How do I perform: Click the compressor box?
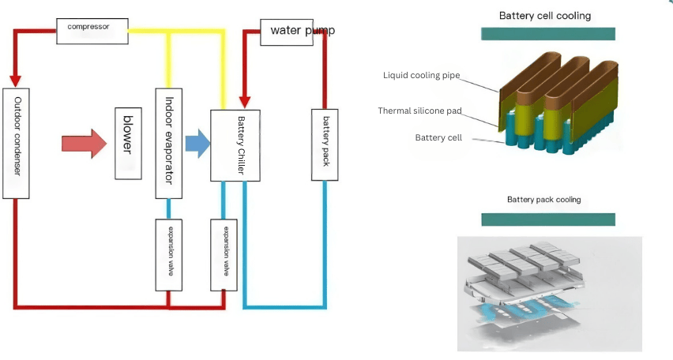point(92,31)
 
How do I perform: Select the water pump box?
point(287,32)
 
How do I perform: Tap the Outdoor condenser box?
point(16,144)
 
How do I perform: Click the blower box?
point(128,144)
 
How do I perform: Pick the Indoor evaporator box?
point(169,144)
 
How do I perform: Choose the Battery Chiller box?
point(235,145)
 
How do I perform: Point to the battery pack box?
point(325,144)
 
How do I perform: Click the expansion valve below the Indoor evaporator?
point(169,255)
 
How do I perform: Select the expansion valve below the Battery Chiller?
point(224,255)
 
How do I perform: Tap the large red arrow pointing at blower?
point(84,144)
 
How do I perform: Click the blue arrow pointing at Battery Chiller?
point(197,144)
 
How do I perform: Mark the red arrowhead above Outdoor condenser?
point(16,81)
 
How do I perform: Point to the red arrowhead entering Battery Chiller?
point(245,102)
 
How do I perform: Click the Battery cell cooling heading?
point(545,16)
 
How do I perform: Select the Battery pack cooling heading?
point(543,200)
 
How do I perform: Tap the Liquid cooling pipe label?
point(422,76)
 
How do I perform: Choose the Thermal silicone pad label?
point(419,111)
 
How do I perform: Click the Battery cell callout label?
point(438,137)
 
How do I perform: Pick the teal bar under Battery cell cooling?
point(548,34)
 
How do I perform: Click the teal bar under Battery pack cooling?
point(548,219)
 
